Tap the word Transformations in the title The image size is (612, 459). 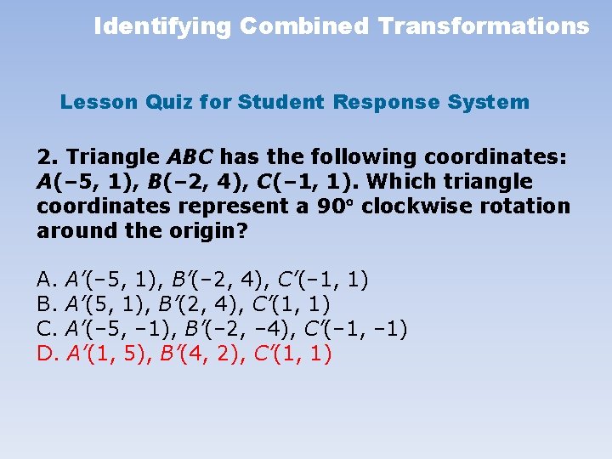(484, 26)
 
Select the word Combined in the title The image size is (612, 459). (304, 26)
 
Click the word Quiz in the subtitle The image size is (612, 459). (169, 103)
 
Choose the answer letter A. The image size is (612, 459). (46, 279)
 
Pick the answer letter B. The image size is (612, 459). (46, 303)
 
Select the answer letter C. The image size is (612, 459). (46, 328)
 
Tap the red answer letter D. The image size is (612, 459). (46, 353)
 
